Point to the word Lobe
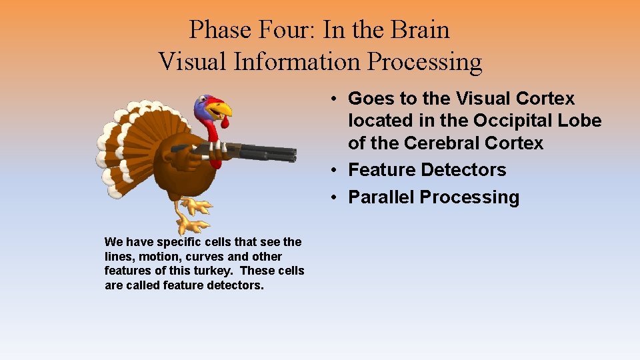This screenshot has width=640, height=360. tap(580, 121)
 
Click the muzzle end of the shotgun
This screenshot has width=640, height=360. tap(293, 153)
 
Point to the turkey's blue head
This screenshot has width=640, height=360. tap(203, 106)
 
